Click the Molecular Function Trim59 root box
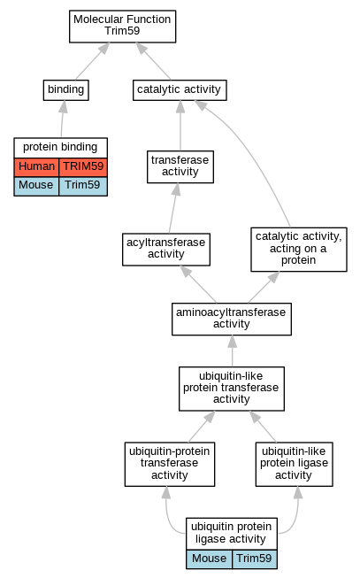(122, 27)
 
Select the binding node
(66, 90)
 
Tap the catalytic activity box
(180, 90)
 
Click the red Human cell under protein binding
(36, 166)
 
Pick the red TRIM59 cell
(83, 166)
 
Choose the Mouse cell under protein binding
(36, 186)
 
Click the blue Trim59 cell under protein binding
(83, 186)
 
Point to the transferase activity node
(180, 166)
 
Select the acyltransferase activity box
(166, 250)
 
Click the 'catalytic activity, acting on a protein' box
(299, 250)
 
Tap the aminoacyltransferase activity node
(232, 320)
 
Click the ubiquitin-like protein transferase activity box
(232, 389)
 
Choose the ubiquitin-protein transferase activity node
(170, 464)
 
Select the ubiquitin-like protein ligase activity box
(294, 464)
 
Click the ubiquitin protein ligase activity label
(232, 533)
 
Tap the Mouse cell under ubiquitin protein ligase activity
(210, 559)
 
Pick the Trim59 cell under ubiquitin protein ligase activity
(254, 559)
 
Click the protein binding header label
(60, 148)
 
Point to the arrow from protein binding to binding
(62, 119)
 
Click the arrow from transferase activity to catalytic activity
(180, 126)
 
